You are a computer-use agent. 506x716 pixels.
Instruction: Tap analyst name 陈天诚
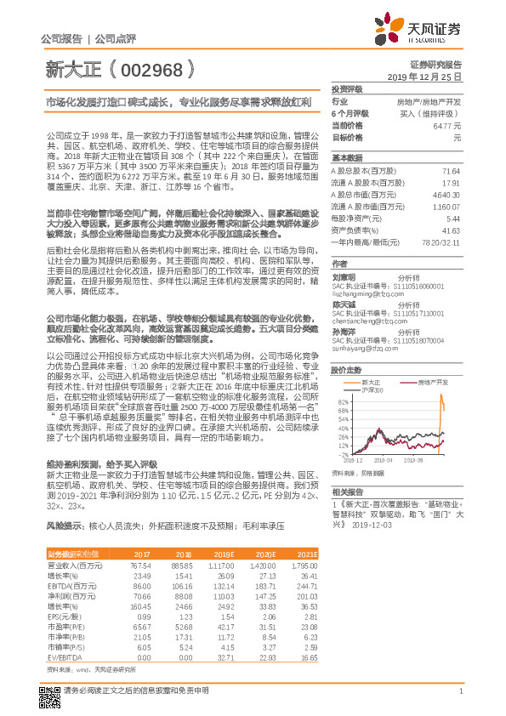pos(344,303)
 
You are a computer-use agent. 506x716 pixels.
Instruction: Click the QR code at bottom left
pos(51,691)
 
